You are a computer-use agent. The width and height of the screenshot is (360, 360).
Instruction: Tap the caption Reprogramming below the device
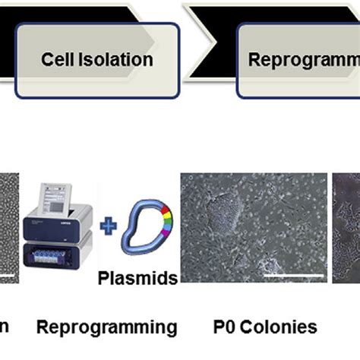point(107,328)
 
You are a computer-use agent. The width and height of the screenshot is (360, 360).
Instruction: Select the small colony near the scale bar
point(268,264)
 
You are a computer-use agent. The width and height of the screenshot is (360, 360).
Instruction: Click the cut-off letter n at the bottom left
point(5,329)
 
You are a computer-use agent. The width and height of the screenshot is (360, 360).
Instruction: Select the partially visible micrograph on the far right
point(346,228)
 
